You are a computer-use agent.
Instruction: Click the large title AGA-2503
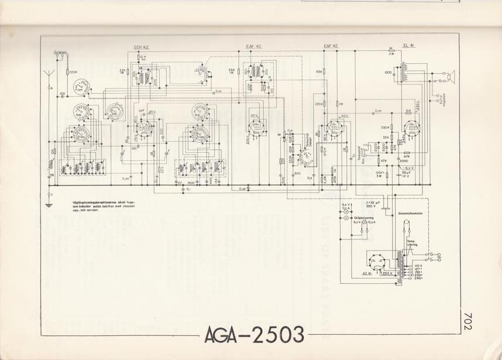[255, 335]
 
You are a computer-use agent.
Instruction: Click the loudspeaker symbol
[450, 76]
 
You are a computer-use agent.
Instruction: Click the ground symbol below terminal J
[49, 204]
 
